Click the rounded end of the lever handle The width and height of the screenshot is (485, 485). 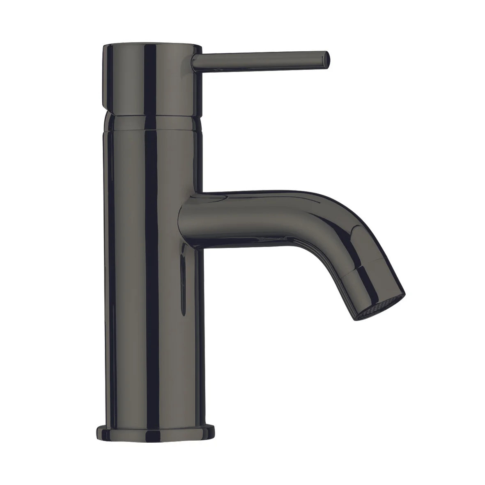pos(326,60)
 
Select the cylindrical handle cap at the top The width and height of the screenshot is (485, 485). pos(152,78)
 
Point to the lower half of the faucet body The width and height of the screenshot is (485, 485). pos(152,349)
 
